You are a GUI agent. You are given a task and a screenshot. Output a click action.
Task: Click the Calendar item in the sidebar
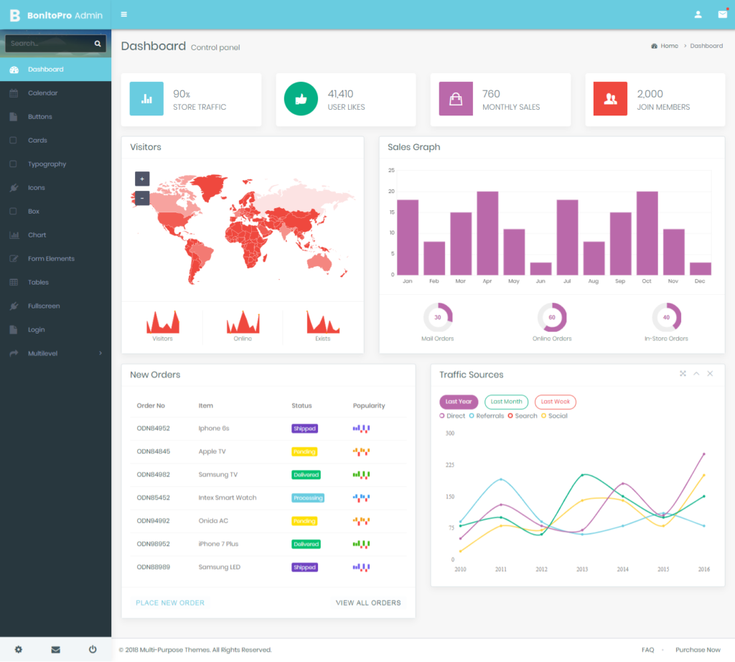coord(42,93)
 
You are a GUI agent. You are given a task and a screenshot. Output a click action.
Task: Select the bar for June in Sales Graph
coord(540,268)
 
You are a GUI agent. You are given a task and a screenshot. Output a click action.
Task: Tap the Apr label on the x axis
coord(487,281)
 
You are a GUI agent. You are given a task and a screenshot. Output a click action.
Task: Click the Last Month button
coord(507,402)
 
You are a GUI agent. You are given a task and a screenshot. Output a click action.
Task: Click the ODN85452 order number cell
coord(153,498)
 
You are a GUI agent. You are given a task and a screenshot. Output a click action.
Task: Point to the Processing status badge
coord(308,498)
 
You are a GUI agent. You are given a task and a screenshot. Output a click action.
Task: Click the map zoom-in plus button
coord(142,179)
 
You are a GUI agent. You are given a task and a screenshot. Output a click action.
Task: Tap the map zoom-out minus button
coord(142,198)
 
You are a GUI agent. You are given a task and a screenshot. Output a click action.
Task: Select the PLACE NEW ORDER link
coord(170,603)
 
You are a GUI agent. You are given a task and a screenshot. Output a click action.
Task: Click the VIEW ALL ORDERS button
coord(368,603)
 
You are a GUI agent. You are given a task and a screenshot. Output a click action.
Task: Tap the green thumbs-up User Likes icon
coord(301,99)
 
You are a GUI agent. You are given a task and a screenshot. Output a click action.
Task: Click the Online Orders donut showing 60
coord(552,317)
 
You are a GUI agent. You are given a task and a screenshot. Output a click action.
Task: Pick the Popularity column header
coord(369,406)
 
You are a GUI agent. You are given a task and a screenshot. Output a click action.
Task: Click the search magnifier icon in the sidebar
coord(98,44)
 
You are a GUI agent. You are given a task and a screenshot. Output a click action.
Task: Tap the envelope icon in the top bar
coord(722,14)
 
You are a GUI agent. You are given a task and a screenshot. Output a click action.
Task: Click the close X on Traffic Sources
coord(710,374)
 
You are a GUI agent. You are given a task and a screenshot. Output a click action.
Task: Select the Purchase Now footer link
coord(698,650)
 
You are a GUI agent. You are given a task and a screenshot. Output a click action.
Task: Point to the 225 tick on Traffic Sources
coord(450,465)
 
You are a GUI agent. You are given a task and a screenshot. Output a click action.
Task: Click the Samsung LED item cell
coord(219,567)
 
